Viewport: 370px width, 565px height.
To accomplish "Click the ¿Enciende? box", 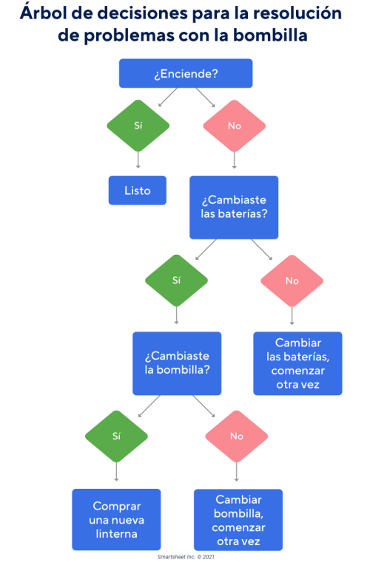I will [x=186, y=74].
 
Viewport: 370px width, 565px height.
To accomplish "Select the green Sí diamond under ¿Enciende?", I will [x=138, y=126].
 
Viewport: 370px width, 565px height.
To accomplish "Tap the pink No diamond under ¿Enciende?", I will [x=234, y=126].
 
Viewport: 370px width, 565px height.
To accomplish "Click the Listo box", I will [x=137, y=191].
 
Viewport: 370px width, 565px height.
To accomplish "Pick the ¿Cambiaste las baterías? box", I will [x=234, y=208].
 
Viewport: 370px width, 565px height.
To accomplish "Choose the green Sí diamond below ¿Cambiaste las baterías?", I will [x=176, y=281].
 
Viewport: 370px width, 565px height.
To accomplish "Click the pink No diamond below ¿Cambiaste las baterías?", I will [x=292, y=281].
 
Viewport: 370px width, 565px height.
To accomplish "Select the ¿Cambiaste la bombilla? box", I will [x=177, y=363].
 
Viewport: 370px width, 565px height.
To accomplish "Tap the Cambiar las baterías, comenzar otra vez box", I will [x=297, y=363].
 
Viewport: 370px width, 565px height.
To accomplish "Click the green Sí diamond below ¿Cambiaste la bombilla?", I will [x=116, y=436].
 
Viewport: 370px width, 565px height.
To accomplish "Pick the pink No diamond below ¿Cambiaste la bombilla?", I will [x=236, y=436].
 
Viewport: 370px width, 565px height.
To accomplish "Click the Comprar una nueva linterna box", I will [x=116, y=520].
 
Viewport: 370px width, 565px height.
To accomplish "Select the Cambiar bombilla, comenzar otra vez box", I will [x=238, y=520].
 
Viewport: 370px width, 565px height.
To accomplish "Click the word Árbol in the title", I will [x=44, y=13].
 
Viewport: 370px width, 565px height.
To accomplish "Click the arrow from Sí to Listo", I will [x=138, y=161].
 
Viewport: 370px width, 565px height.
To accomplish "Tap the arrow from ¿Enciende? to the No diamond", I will [x=206, y=98].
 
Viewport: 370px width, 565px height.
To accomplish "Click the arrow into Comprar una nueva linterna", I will [x=116, y=473].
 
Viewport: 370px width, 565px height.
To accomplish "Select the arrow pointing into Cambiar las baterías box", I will [x=292, y=316].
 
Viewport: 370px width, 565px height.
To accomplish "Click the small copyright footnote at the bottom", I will [x=185, y=556].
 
